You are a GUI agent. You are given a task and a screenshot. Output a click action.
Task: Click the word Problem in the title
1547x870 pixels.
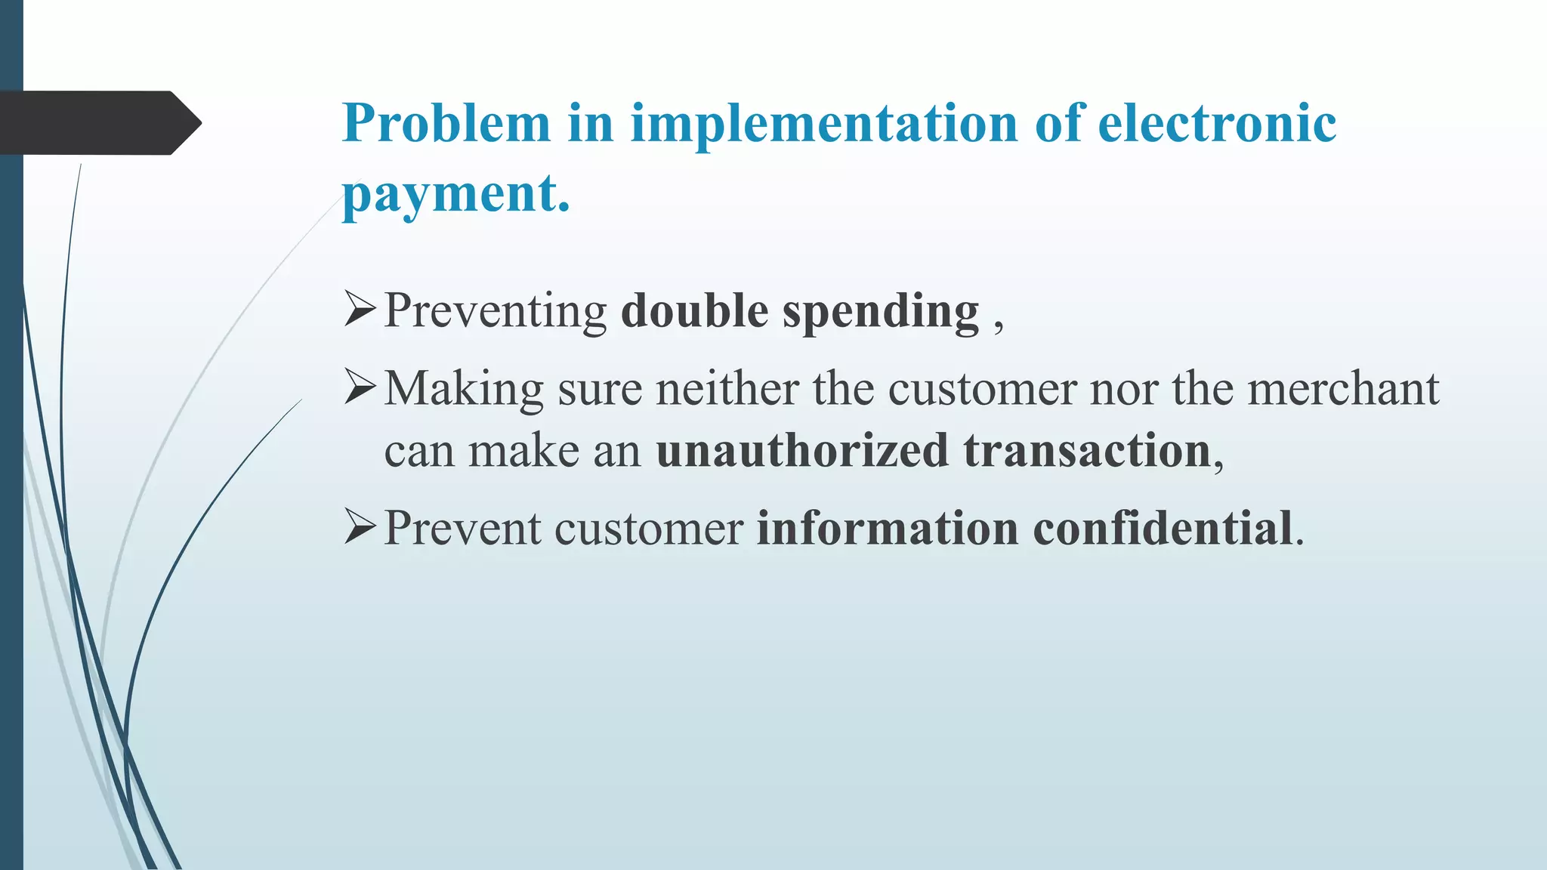click(446, 123)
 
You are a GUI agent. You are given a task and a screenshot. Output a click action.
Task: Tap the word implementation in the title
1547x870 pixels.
click(824, 125)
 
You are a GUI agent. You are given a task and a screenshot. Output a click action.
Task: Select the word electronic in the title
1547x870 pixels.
click(1217, 123)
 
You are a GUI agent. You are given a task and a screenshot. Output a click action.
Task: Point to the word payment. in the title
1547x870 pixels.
click(455, 194)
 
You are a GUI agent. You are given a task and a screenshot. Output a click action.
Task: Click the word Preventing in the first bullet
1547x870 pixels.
click(496, 312)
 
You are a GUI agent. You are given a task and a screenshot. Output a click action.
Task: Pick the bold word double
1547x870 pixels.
click(694, 310)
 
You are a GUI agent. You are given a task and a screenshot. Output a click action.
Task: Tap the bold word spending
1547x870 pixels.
click(881, 312)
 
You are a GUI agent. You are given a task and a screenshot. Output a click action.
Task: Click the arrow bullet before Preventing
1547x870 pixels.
click(360, 310)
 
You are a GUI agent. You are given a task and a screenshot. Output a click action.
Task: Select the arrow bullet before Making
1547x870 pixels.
click(360, 388)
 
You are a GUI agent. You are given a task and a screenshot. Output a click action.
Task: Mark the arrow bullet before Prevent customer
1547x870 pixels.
click(360, 526)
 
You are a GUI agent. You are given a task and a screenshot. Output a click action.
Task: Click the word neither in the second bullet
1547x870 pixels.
click(727, 389)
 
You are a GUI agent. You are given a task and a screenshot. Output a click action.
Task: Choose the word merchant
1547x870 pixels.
click(1343, 389)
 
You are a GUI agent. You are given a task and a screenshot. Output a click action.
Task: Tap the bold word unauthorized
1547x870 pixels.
click(801, 451)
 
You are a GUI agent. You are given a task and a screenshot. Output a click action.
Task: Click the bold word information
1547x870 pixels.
click(888, 528)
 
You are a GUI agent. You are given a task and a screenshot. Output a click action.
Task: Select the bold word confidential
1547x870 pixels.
click(1163, 528)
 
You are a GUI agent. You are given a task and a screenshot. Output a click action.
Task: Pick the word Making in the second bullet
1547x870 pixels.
click(464, 390)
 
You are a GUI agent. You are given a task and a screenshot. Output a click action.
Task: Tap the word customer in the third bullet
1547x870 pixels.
click(649, 528)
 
